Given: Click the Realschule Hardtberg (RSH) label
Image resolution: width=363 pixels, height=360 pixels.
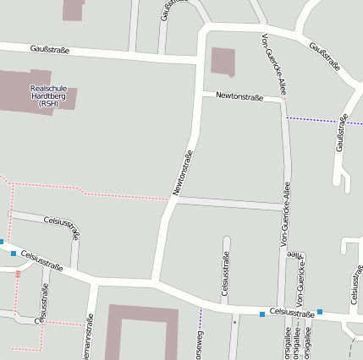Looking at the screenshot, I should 48,96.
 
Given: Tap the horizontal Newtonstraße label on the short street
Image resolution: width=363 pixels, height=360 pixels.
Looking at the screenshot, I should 239,97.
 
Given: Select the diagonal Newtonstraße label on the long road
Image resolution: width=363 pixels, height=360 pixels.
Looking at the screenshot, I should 183,173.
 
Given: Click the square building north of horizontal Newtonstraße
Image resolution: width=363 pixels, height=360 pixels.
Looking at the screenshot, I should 223,61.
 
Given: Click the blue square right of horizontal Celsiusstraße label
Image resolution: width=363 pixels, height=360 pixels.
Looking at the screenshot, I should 320,313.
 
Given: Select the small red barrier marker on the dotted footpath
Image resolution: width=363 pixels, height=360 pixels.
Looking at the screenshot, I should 18,273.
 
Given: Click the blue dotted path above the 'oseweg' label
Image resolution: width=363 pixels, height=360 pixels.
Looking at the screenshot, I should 201,319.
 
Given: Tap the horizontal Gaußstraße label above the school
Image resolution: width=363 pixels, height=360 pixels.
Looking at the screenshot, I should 48,51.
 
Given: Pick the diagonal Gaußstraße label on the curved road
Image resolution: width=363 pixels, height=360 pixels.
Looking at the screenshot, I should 325,57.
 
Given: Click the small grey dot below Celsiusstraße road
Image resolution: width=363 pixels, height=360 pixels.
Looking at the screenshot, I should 234,322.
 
